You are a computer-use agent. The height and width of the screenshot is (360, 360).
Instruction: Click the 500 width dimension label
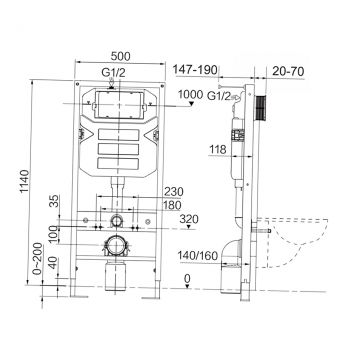pyautogui.click(x=120, y=56)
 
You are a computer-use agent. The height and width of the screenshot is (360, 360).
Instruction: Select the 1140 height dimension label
pyautogui.click(x=24, y=182)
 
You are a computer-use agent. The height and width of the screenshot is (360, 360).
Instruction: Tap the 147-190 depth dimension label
pyautogui.click(x=195, y=70)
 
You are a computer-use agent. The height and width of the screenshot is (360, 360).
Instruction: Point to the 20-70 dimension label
pyautogui.click(x=288, y=71)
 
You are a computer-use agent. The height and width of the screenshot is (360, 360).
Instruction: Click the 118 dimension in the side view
pyautogui.click(x=217, y=150)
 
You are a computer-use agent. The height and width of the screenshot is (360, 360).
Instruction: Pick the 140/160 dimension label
pyautogui.click(x=197, y=256)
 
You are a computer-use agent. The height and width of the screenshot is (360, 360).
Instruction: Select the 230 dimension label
pyautogui.click(x=173, y=192)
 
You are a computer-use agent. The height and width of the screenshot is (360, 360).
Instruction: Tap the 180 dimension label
pyautogui.click(x=172, y=205)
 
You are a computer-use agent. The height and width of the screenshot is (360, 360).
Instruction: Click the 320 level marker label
pyautogui.click(x=189, y=219)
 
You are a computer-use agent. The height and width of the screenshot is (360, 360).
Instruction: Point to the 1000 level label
pyautogui.click(x=190, y=95)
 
